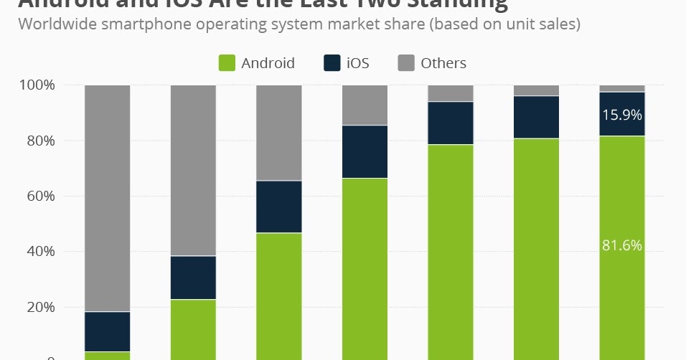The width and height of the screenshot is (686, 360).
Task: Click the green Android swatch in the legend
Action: click(x=227, y=63)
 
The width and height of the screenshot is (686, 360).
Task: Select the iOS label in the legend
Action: click(x=357, y=63)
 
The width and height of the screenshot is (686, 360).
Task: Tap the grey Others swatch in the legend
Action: click(x=406, y=63)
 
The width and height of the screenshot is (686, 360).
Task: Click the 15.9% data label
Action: click(x=621, y=115)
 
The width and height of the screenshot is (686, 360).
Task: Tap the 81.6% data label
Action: click(x=621, y=245)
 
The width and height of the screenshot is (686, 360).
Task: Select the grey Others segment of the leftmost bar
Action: click(x=108, y=198)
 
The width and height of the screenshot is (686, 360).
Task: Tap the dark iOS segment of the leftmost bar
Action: click(x=108, y=331)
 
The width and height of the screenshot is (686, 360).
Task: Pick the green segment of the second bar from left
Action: click(x=193, y=329)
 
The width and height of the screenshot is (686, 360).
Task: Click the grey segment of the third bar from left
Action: click(x=279, y=133)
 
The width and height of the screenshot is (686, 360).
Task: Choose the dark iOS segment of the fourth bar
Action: click(x=365, y=151)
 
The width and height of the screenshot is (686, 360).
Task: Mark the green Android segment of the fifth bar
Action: click(x=451, y=251)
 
